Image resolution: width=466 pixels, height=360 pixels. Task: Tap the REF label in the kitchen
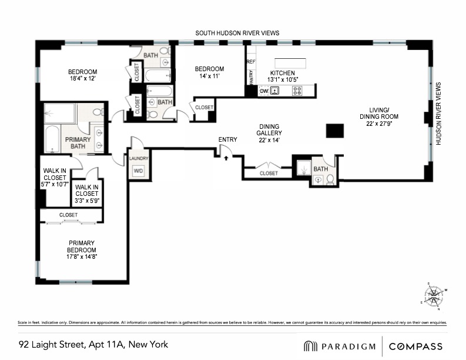click(x=251, y=62)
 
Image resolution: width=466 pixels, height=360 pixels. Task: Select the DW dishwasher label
click(x=264, y=91)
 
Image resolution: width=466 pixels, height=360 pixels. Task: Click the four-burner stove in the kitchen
click(x=297, y=91)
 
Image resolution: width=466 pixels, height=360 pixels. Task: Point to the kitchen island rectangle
click(x=290, y=63)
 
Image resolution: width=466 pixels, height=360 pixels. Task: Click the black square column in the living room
click(x=335, y=131)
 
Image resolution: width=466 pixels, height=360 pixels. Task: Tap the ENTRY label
click(x=227, y=139)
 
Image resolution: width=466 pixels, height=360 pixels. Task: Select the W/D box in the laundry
click(x=139, y=171)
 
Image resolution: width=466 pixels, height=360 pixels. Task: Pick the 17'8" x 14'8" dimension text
click(x=82, y=257)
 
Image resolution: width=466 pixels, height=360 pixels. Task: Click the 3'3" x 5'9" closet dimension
click(x=86, y=201)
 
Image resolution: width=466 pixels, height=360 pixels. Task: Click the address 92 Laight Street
click(x=93, y=345)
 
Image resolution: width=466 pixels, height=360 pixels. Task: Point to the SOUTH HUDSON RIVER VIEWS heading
click(x=237, y=34)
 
